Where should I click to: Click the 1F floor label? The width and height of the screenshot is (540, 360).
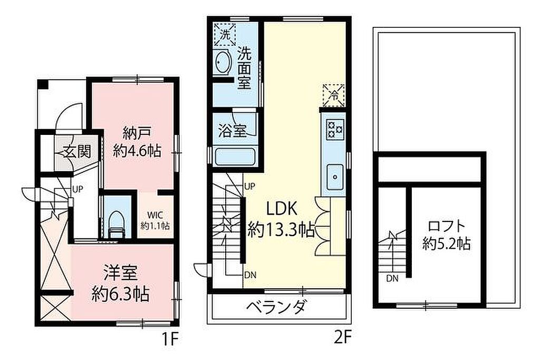coord(170,339)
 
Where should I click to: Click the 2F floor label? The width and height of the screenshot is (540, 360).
coord(343,337)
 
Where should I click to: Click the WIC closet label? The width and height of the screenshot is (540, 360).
coord(155,216)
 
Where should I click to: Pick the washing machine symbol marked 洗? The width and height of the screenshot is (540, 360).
coord(225,34)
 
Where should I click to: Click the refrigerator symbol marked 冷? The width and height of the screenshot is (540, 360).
coord(333,95)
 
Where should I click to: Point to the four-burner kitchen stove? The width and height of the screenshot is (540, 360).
coord(335,129)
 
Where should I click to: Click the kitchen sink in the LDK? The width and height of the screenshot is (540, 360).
coord(335,177)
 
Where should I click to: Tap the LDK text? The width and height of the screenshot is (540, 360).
coord(282,209)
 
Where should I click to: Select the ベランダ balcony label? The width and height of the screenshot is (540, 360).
coord(276,306)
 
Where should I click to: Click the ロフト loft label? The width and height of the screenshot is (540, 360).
coord(446,227)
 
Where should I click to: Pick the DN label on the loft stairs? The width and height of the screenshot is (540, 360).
coord(392,278)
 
